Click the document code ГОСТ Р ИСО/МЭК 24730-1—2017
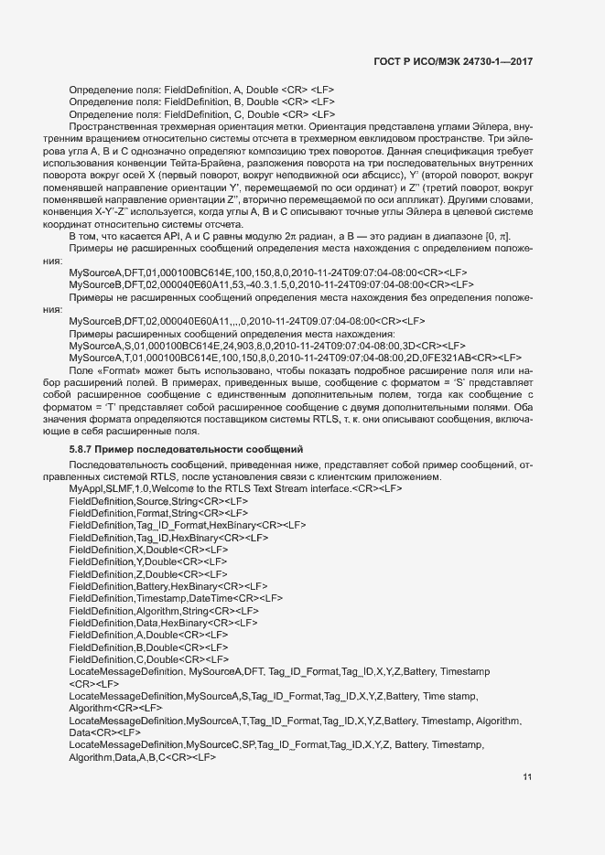453,61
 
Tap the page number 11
527,777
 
